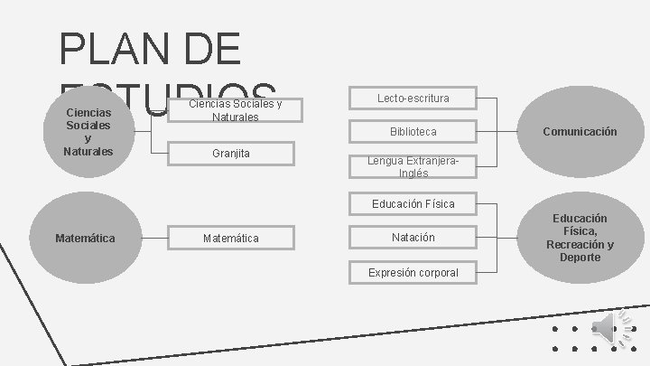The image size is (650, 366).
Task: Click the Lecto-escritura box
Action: [413, 98]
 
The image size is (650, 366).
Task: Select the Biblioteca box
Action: [413, 132]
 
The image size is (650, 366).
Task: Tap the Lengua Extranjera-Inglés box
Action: [413, 166]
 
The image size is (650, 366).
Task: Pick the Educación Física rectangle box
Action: [413, 203]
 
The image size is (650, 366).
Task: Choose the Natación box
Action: [413, 238]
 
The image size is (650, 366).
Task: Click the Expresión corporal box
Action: [413, 272]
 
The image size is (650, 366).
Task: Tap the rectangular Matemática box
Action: [231, 238]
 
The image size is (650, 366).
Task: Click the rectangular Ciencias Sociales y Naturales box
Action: [235, 111]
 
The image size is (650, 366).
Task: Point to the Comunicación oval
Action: [580, 132]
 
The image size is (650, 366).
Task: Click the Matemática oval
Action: [85, 238]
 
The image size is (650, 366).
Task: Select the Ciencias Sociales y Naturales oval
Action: [88, 132]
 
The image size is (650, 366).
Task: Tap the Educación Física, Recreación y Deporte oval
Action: [580, 238]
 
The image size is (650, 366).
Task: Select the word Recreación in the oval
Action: [579, 244]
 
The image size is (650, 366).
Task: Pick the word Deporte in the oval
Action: [580, 258]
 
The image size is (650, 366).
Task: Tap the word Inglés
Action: [413, 173]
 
